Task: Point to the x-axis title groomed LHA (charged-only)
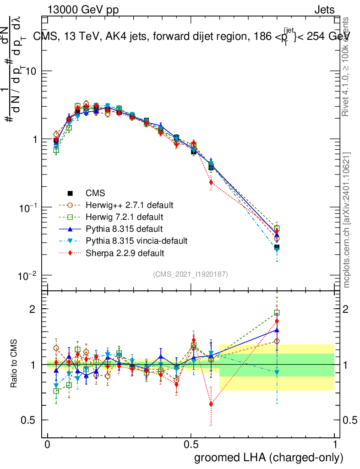[269, 458]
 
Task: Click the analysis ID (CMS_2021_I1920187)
[191, 274]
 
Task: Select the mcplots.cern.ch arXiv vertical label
[347, 220]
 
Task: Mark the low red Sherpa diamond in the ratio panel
[211, 404]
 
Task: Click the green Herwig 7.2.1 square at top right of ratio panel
[277, 313]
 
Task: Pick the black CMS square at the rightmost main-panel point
[277, 247]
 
